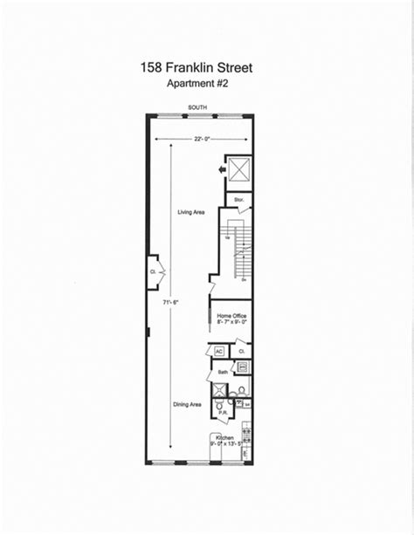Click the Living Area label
point(190,213)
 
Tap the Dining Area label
point(190,404)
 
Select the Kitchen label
point(224,436)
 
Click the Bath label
point(223,370)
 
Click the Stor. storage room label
point(237,199)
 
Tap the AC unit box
point(219,351)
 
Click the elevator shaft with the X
point(238,168)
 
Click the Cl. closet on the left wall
point(153,270)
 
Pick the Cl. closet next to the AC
point(241,351)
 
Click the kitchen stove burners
point(246,433)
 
